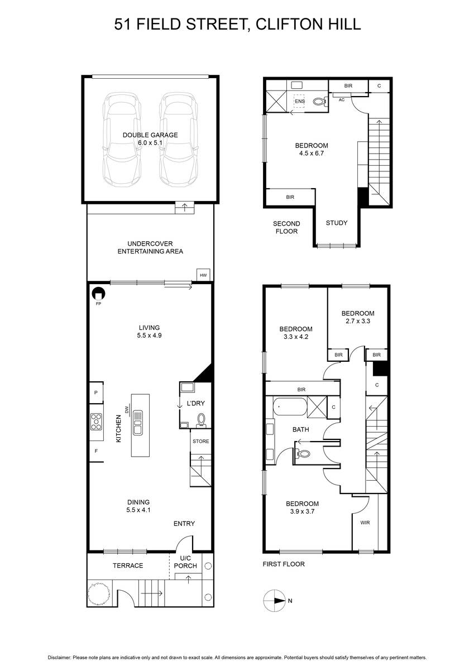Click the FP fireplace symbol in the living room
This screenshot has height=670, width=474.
coord(98,294)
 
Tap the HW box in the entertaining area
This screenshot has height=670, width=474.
coord(203,275)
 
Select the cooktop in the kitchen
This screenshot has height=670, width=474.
coord(96,422)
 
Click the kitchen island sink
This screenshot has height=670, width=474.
coord(138,422)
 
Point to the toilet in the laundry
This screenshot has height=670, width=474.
coord(201,420)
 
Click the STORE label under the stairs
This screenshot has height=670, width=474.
coord(200,441)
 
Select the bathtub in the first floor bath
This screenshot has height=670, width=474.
coord(290,406)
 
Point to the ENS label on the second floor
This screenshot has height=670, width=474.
coord(300,102)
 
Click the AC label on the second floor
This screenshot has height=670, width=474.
coord(342,99)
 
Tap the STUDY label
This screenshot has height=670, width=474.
coord(337,223)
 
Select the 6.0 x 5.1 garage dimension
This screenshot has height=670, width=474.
coord(150,143)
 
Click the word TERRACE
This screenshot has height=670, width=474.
coord(128,566)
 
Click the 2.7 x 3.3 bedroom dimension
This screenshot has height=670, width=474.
coord(358,321)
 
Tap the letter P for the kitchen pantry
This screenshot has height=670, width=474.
coord(96,393)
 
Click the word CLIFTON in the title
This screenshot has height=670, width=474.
coord(284,24)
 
